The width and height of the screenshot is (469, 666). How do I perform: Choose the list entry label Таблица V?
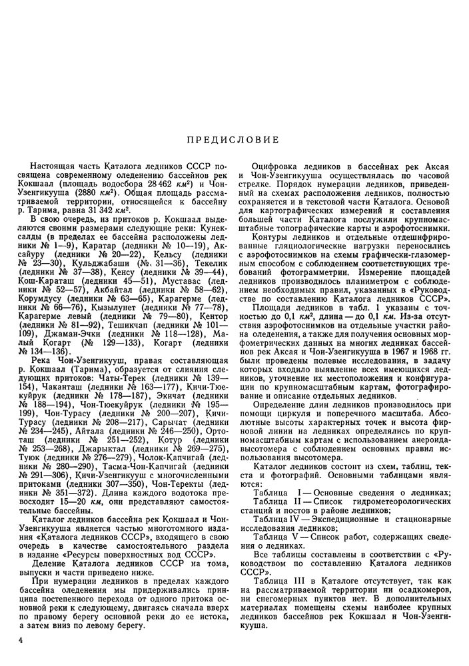tap(278, 537)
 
